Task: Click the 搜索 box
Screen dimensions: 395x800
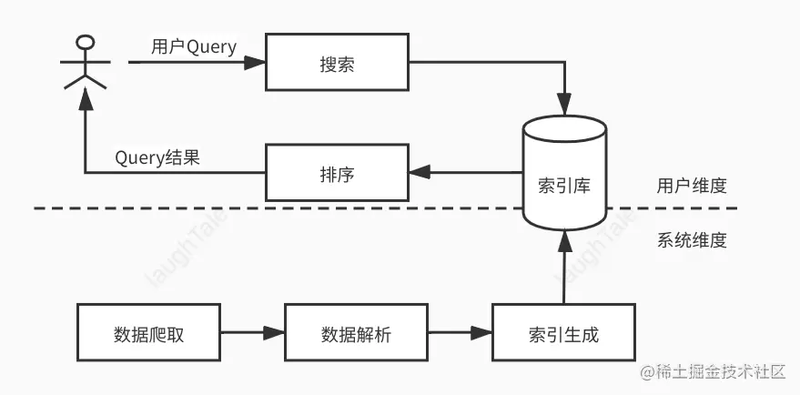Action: point(336,64)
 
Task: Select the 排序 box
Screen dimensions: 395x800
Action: point(336,172)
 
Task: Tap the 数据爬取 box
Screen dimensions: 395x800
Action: point(147,333)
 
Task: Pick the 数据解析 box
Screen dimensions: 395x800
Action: point(355,333)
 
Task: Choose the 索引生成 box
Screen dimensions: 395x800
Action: point(563,333)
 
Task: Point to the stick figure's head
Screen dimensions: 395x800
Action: point(85,44)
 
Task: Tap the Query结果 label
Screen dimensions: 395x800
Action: point(157,157)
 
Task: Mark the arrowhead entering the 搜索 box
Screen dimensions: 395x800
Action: point(258,64)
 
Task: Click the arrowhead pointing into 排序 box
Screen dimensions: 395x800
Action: point(418,172)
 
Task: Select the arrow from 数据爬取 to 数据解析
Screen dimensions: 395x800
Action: point(250,333)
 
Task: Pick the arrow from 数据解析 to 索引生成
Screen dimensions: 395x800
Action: point(459,333)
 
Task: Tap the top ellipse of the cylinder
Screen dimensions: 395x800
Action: point(564,128)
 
